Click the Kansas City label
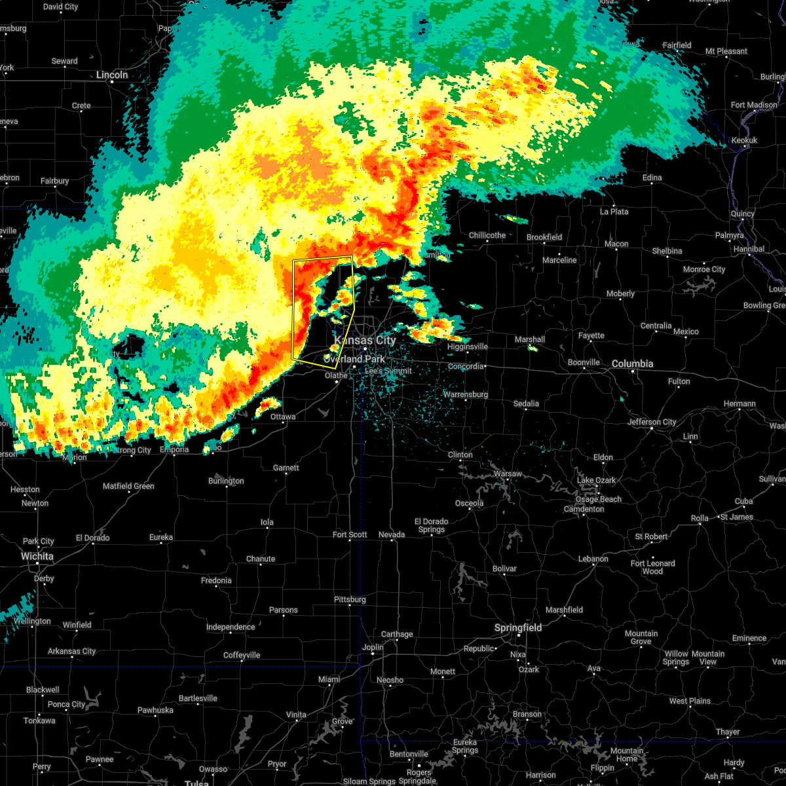pyautogui.click(x=365, y=340)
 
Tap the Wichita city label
pyautogui.click(x=37, y=556)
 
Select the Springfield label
pyautogui.click(x=518, y=627)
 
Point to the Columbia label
pyautogui.click(x=633, y=364)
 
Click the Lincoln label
pyautogui.click(x=112, y=75)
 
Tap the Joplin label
pyautogui.click(x=373, y=647)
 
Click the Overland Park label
pyautogui.click(x=354, y=359)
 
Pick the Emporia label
pyautogui.click(x=174, y=449)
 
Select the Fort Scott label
pyautogui.click(x=350, y=534)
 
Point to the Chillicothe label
pyautogui.click(x=487, y=235)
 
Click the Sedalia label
pyautogui.click(x=526, y=403)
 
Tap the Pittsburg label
pyautogui.click(x=350, y=599)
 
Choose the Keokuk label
pyautogui.click(x=744, y=140)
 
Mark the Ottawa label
pyautogui.click(x=283, y=417)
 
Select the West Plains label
pyautogui.click(x=690, y=701)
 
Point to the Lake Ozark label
pyautogui.click(x=596, y=480)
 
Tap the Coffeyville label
pyautogui.click(x=242, y=655)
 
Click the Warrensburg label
pyautogui.click(x=466, y=394)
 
